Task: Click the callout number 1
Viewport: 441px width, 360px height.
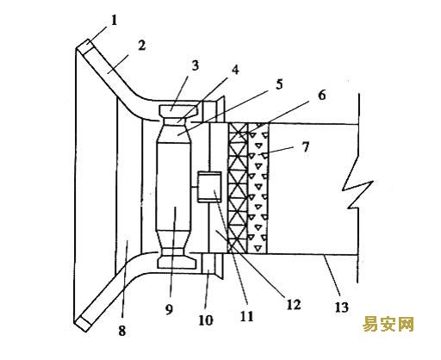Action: [115, 21]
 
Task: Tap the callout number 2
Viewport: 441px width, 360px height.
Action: [142, 46]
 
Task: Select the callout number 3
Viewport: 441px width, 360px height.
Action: [195, 65]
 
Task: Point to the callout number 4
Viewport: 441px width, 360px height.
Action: [235, 70]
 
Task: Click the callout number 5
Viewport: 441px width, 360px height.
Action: [279, 84]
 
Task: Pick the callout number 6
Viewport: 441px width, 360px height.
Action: [322, 95]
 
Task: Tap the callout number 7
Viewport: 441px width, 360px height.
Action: [305, 147]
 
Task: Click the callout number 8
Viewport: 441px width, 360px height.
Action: [122, 331]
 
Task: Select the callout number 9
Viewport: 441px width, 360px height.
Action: [169, 309]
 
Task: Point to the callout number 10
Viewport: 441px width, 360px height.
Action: [206, 320]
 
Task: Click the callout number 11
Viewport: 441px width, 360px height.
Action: [247, 316]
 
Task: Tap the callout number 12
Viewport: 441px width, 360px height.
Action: [294, 305]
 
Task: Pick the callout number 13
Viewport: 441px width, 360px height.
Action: [342, 307]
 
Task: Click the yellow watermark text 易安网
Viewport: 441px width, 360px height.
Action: [388, 324]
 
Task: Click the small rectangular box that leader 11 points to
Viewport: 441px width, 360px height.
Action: [209, 187]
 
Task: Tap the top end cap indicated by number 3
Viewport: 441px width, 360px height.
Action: [178, 110]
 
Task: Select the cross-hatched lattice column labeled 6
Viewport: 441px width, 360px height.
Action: [238, 188]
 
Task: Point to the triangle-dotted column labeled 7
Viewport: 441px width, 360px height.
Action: [258, 188]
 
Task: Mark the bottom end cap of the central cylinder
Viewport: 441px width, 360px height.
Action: [178, 263]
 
